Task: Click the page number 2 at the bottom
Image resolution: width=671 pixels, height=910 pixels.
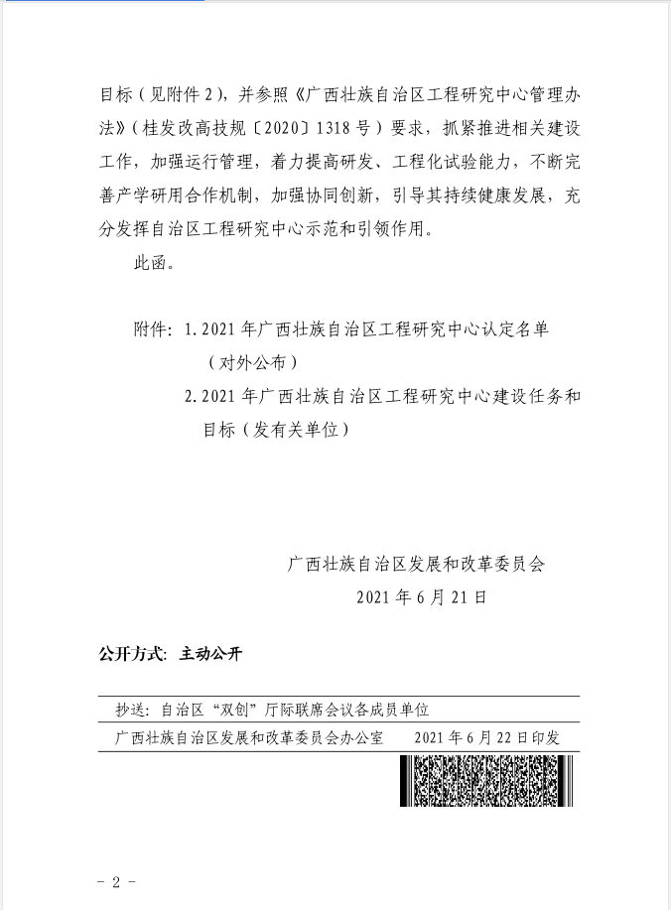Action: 116,881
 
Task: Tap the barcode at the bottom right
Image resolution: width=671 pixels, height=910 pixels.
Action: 486,780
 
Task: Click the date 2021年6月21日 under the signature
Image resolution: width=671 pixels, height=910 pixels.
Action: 421,597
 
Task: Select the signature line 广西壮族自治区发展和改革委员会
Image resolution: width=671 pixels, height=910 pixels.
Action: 416,564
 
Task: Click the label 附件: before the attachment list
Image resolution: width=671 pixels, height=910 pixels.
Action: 153,329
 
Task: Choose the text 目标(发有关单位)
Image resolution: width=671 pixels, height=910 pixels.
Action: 277,430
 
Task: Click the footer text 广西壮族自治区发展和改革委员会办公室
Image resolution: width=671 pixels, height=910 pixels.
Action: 249,738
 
